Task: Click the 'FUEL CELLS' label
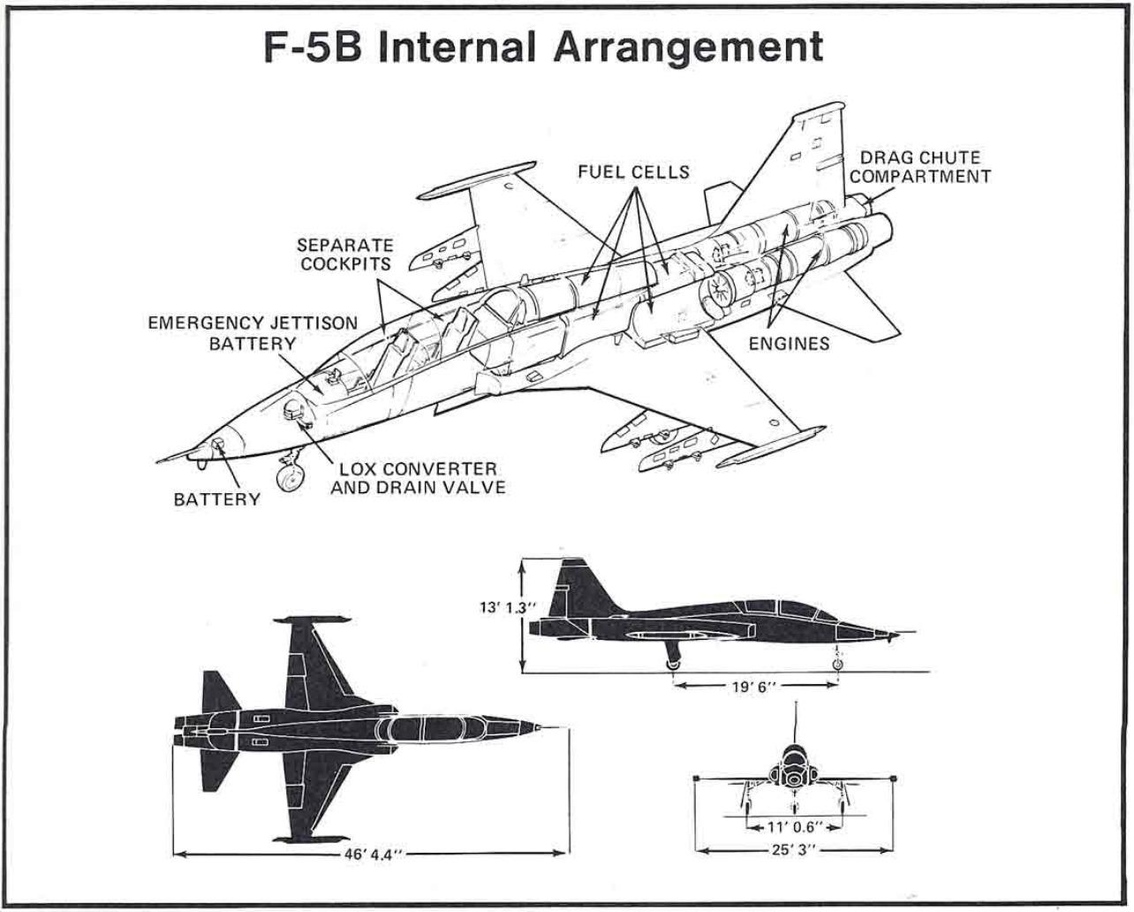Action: coord(632,172)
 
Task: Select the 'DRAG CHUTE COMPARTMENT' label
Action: coord(919,168)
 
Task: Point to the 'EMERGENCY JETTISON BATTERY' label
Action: coord(252,332)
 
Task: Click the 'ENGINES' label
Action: coord(789,344)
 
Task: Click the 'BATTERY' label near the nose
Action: coord(216,499)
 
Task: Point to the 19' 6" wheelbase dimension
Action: coord(754,686)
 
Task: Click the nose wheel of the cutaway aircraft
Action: coord(289,478)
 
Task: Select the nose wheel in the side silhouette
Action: coord(837,663)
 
